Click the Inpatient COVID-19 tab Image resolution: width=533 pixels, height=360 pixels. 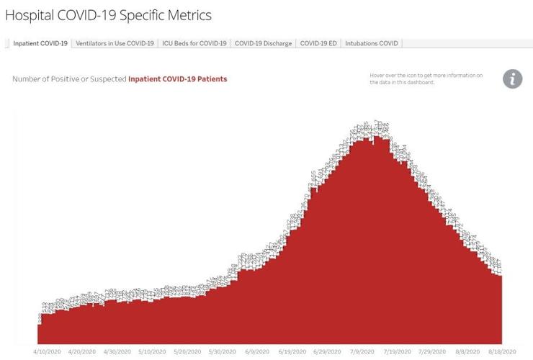[40, 43]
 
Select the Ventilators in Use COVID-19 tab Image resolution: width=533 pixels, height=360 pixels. [115, 43]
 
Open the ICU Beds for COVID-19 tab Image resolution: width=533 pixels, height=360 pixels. [194, 43]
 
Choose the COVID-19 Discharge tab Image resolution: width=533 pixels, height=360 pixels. [264, 43]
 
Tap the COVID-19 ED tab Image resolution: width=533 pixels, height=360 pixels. [318, 43]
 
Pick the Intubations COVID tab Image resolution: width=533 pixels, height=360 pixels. [371, 43]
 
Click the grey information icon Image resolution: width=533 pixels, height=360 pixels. [512, 79]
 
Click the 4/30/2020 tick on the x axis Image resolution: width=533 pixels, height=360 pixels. [118, 352]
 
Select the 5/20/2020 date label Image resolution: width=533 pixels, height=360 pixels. [189, 352]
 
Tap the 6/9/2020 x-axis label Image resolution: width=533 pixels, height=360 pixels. [257, 352]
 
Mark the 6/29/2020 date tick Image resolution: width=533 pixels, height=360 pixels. [328, 352]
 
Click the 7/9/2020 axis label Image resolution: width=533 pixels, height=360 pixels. [362, 352]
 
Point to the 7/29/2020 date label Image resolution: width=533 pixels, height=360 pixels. [433, 352]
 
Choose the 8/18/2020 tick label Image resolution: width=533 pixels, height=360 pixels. [501, 352]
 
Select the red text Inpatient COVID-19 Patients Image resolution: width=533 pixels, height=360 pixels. [177, 79]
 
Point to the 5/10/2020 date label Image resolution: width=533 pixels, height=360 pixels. [153, 352]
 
